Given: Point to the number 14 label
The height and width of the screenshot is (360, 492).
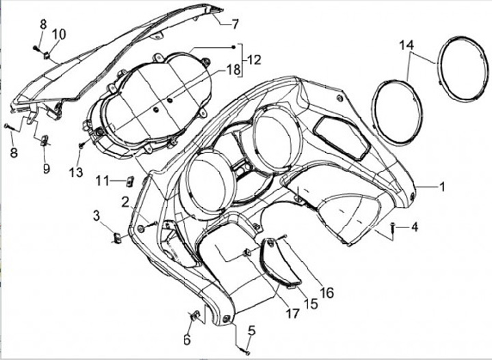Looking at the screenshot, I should (x=407, y=45).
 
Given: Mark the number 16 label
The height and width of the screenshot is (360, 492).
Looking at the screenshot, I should (x=327, y=292).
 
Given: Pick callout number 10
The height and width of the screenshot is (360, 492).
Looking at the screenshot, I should (x=59, y=34).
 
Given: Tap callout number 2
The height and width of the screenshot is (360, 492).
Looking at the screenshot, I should (x=126, y=202).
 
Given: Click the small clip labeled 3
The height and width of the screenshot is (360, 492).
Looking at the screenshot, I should (x=116, y=238).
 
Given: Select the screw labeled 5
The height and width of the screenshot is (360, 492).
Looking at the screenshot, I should (x=246, y=351).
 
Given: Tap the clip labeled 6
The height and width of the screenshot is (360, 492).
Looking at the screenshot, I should (x=193, y=316).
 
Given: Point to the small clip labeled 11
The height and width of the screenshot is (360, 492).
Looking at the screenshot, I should (x=130, y=181).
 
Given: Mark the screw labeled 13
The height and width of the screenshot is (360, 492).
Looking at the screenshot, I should (x=81, y=145).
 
